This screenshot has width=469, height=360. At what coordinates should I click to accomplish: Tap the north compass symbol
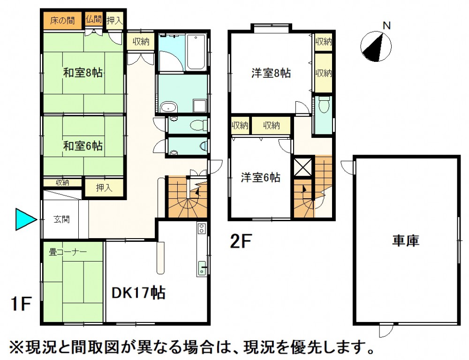pyautogui.click(x=376, y=46)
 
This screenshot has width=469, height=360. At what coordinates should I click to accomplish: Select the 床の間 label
pyautogui.click(x=62, y=21)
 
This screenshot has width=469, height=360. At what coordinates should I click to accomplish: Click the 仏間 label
pyautogui.click(x=94, y=19)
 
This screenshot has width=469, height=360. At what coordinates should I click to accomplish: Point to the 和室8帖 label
pyautogui.click(x=83, y=73)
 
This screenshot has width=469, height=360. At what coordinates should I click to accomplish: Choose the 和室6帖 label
pyautogui.click(x=83, y=146)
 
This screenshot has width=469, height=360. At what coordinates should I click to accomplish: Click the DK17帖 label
pyautogui.click(x=138, y=293)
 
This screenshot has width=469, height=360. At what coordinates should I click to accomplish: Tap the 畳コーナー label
pyautogui.click(x=68, y=252)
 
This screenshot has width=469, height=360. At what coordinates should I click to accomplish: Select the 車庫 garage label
pyautogui.click(x=406, y=240)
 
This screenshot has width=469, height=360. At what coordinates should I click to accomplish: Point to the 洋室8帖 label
pyautogui.click(x=271, y=73)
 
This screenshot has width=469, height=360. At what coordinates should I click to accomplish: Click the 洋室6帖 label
pyautogui.click(x=260, y=178)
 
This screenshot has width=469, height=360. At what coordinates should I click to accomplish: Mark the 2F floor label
pyautogui.click(x=241, y=241)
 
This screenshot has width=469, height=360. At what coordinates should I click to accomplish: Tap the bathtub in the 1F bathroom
pyautogui.click(x=196, y=52)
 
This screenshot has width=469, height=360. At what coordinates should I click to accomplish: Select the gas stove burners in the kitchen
pyautogui.click(x=201, y=228)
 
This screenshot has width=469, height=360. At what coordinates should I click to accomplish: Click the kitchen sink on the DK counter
pyautogui.click(x=202, y=268)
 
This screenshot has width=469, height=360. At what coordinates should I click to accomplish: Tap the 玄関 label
pyautogui.click(x=61, y=219)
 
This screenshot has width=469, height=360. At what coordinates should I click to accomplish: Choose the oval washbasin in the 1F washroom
pyautogui.click(x=169, y=107)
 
